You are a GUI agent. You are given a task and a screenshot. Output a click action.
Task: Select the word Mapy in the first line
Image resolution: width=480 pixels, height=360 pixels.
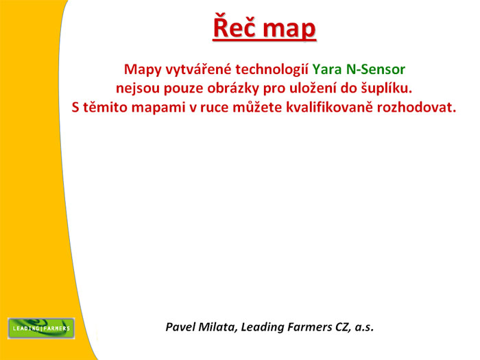[141, 69]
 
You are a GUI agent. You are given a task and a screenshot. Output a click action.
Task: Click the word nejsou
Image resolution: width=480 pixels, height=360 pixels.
[137, 88]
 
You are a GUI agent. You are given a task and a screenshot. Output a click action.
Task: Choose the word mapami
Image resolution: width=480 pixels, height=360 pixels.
[160, 107]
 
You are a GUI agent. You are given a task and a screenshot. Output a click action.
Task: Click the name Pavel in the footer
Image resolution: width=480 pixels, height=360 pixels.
[180, 327]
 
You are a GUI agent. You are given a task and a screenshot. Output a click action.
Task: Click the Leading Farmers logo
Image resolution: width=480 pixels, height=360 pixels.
[41, 328]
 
